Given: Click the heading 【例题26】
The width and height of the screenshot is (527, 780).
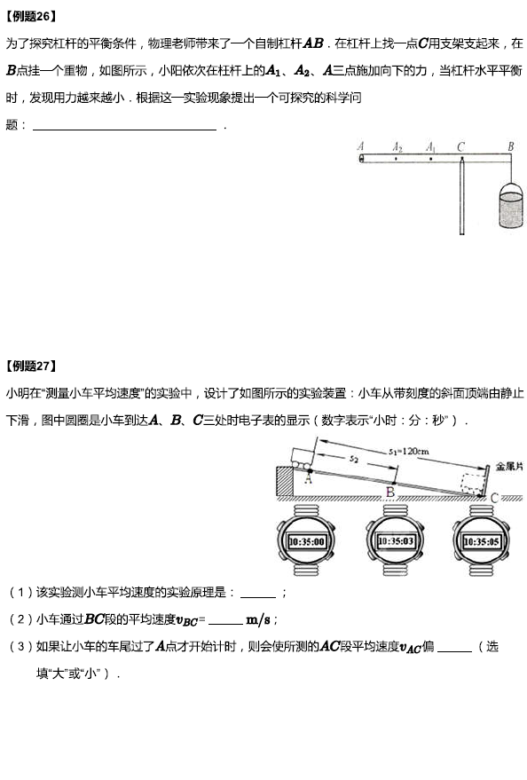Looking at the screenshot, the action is (x=30, y=16).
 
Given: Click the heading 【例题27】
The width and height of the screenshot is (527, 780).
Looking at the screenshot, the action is (x=30, y=366).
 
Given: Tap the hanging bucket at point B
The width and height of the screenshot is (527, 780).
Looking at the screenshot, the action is (x=511, y=205).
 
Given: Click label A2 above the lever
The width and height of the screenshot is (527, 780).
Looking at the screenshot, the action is (x=397, y=146).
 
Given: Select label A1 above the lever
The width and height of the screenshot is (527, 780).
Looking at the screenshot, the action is (x=431, y=146).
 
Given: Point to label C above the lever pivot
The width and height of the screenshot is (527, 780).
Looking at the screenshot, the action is (x=460, y=146).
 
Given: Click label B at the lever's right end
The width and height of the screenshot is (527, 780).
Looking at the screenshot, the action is (x=511, y=146).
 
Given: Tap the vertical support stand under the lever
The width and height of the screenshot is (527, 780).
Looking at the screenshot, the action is (x=462, y=197).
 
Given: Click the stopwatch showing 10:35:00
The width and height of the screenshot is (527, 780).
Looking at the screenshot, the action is (x=306, y=540).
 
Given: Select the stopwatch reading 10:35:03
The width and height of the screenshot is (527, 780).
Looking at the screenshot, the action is (x=396, y=540).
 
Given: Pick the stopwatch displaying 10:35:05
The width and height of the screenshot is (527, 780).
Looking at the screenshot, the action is (x=481, y=540).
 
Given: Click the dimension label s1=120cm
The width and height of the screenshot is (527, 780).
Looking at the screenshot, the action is (x=408, y=451).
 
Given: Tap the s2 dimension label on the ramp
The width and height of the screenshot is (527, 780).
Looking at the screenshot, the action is (x=353, y=459).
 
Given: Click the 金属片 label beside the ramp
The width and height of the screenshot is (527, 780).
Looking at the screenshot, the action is (x=509, y=467).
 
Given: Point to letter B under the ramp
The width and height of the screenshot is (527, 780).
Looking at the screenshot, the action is (x=390, y=492).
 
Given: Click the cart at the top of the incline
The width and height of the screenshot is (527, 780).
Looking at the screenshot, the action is (x=302, y=459).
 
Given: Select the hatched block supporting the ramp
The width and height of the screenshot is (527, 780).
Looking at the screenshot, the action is (x=285, y=481).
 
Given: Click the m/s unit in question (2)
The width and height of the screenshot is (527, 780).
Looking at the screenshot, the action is (x=258, y=619).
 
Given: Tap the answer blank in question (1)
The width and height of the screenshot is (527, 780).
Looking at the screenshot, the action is (x=258, y=596).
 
